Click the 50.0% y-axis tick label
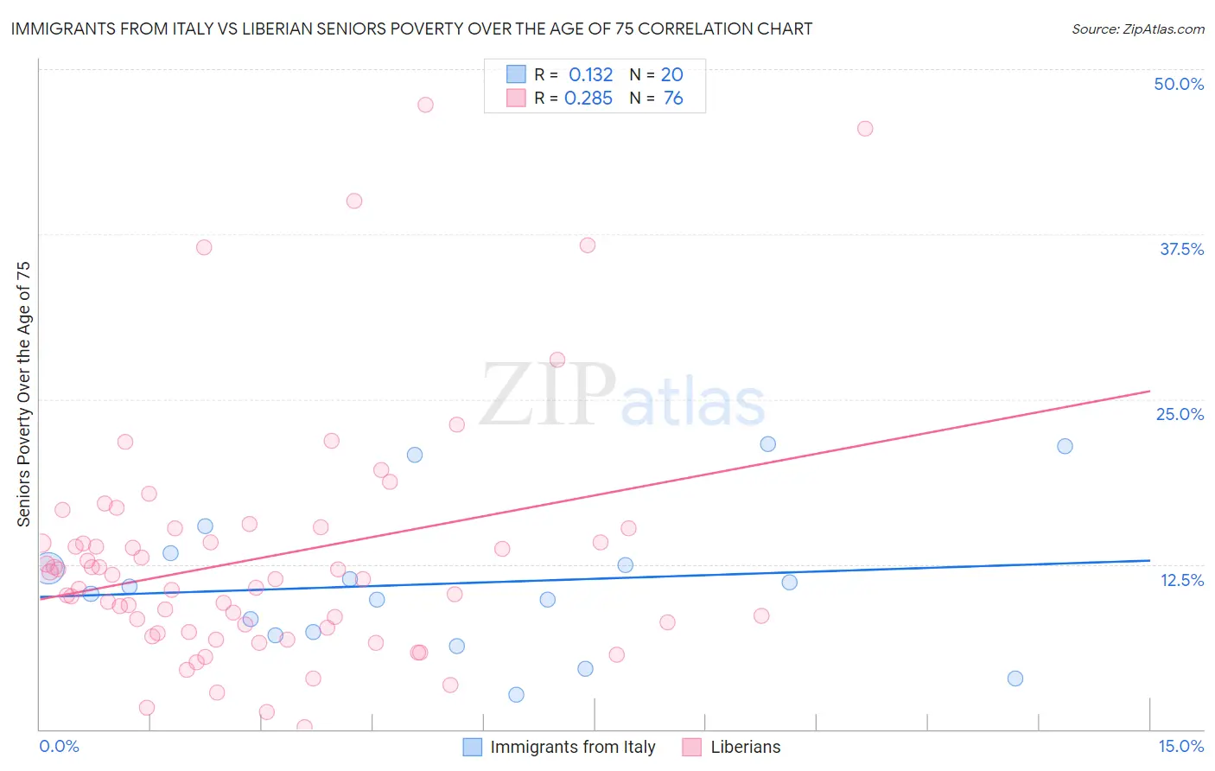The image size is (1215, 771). [1179, 84]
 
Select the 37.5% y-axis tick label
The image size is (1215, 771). [1181, 249]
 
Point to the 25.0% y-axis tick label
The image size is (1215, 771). [1180, 414]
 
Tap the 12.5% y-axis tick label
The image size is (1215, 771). [1181, 580]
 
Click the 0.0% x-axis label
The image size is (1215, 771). [59, 746]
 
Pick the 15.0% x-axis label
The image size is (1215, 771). [1180, 746]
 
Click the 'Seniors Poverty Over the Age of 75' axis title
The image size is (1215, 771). [23, 393]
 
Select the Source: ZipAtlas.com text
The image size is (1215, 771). [1137, 29]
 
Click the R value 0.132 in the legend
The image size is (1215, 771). [590, 75]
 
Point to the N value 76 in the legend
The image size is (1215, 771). [673, 99]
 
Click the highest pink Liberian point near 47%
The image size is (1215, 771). [425, 105]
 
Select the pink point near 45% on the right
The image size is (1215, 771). [865, 129]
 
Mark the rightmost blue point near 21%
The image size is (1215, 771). [1065, 446]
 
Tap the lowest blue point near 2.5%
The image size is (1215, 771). [516, 695]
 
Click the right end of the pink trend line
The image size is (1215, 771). [1149, 391]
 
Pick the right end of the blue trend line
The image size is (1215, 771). [1149, 560]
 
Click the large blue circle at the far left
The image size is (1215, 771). [49, 568]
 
